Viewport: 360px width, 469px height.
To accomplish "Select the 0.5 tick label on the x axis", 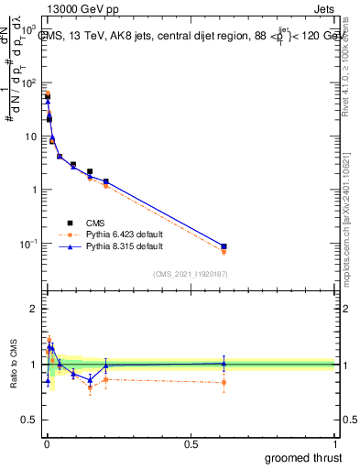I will coord(191,445).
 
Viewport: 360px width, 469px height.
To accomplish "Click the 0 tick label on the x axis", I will coord(46,445).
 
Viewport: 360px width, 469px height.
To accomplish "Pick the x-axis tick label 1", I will coord(334,445).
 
